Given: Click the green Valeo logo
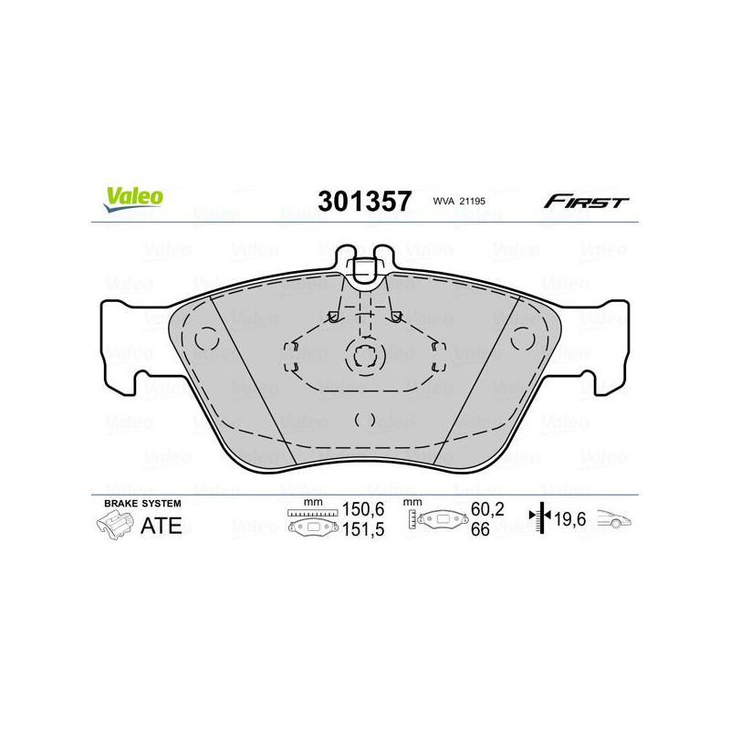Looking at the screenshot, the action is (x=133, y=197).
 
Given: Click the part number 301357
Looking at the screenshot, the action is (x=364, y=202).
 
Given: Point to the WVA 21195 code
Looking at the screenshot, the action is (x=459, y=201).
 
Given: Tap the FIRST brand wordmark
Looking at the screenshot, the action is (x=586, y=202).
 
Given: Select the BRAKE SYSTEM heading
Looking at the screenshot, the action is (x=142, y=504).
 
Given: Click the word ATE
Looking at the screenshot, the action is (x=162, y=526).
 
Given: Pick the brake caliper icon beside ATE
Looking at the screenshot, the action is (x=115, y=526).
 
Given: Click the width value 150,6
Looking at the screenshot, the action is (x=363, y=509).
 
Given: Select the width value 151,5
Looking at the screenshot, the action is (x=363, y=529).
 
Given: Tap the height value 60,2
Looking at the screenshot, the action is (x=487, y=509).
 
